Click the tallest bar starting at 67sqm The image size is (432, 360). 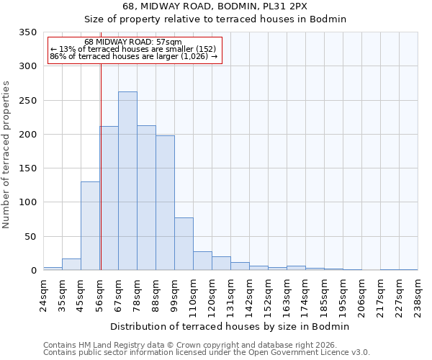click(127, 181)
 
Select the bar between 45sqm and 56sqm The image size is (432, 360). click(90, 225)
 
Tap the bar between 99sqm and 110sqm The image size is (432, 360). click(184, 243)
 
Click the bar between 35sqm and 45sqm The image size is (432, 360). click(71, 264)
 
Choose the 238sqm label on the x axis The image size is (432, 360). click(418, 296)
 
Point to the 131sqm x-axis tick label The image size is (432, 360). click(230, 296)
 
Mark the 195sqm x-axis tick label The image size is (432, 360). click(343, 296)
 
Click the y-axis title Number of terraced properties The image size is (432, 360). click(6, 155)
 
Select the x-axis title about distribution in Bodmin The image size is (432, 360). click(230, 326)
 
